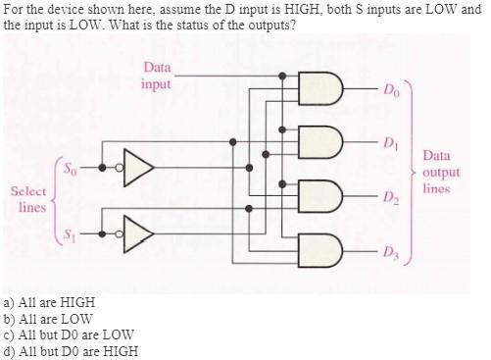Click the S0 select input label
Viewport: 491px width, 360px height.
tap(71, 167)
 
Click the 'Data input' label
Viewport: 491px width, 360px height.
tap(156, 76)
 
